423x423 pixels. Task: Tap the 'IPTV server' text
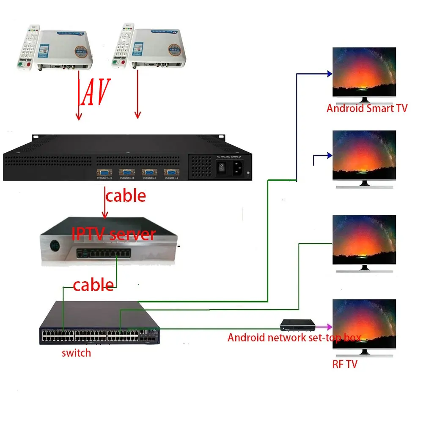click(113, 233)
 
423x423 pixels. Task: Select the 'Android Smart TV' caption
click(367, 108)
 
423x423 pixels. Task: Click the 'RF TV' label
click(345, 364)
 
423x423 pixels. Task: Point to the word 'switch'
click(76, 352)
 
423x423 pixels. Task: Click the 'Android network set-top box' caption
click(294, 338)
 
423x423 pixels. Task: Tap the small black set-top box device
click(298, 325)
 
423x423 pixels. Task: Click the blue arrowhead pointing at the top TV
click(329, 74)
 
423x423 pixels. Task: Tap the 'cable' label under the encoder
click(126, 196)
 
